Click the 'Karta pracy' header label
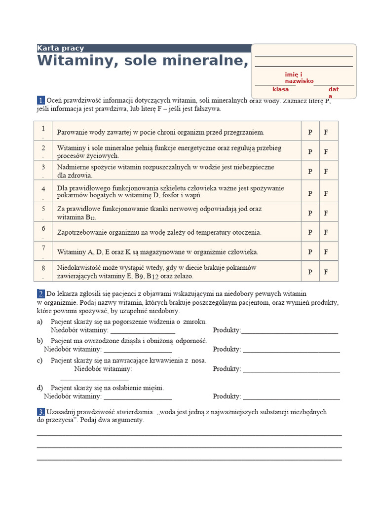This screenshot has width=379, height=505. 61,48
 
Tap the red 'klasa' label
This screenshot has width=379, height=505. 280,89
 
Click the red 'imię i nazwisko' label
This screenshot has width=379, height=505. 299,77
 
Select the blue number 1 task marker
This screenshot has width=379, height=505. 40,100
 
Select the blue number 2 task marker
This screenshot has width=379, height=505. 40,293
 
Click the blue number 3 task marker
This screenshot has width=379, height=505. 40,412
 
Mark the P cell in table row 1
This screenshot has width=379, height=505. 310,132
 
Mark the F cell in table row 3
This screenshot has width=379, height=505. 326,171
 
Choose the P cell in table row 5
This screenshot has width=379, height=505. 310,213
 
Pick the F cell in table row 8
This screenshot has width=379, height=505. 326,271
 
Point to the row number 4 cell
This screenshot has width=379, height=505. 43,191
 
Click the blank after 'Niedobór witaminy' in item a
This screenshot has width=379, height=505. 136,330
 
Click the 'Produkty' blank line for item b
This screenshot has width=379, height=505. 291,350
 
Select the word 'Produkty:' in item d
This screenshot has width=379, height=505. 227,396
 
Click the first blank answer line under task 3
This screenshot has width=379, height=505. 189,434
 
